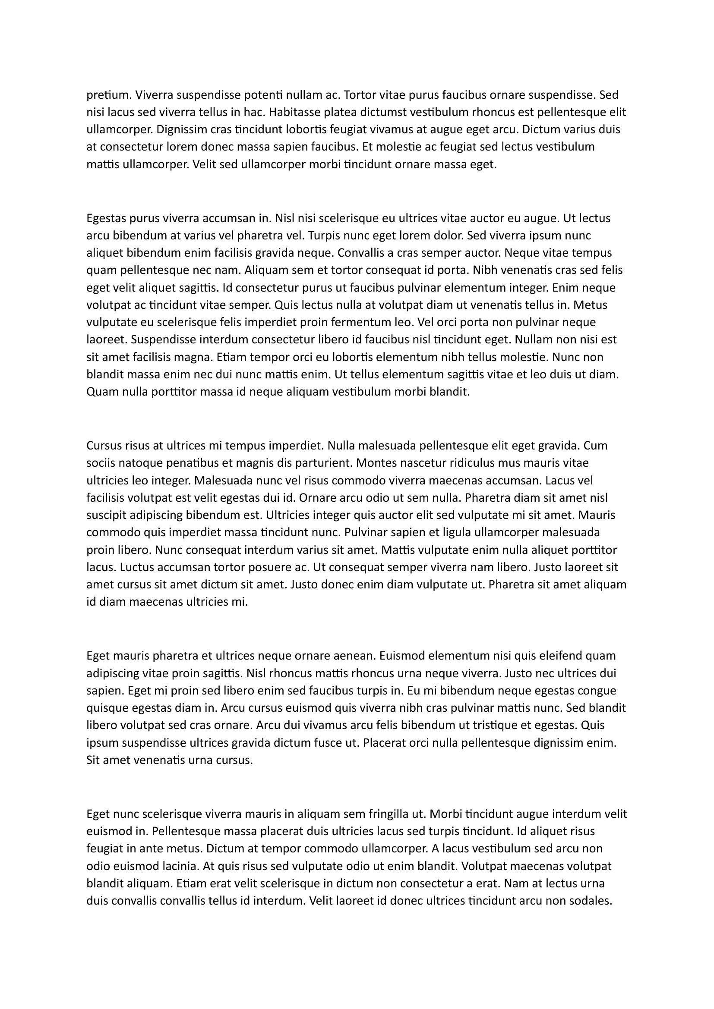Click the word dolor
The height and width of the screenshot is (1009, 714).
tap(449, 236)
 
